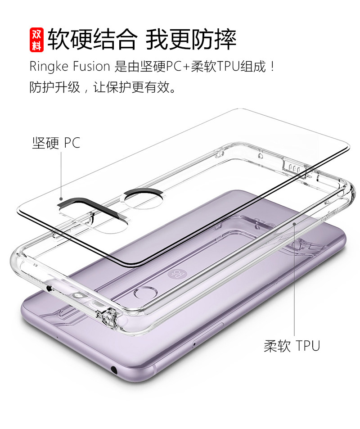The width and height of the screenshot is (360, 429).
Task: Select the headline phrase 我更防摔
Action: point(191,40)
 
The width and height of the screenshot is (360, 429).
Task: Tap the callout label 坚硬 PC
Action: point(56,143)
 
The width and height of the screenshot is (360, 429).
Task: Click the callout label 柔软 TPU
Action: point(292,346)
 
